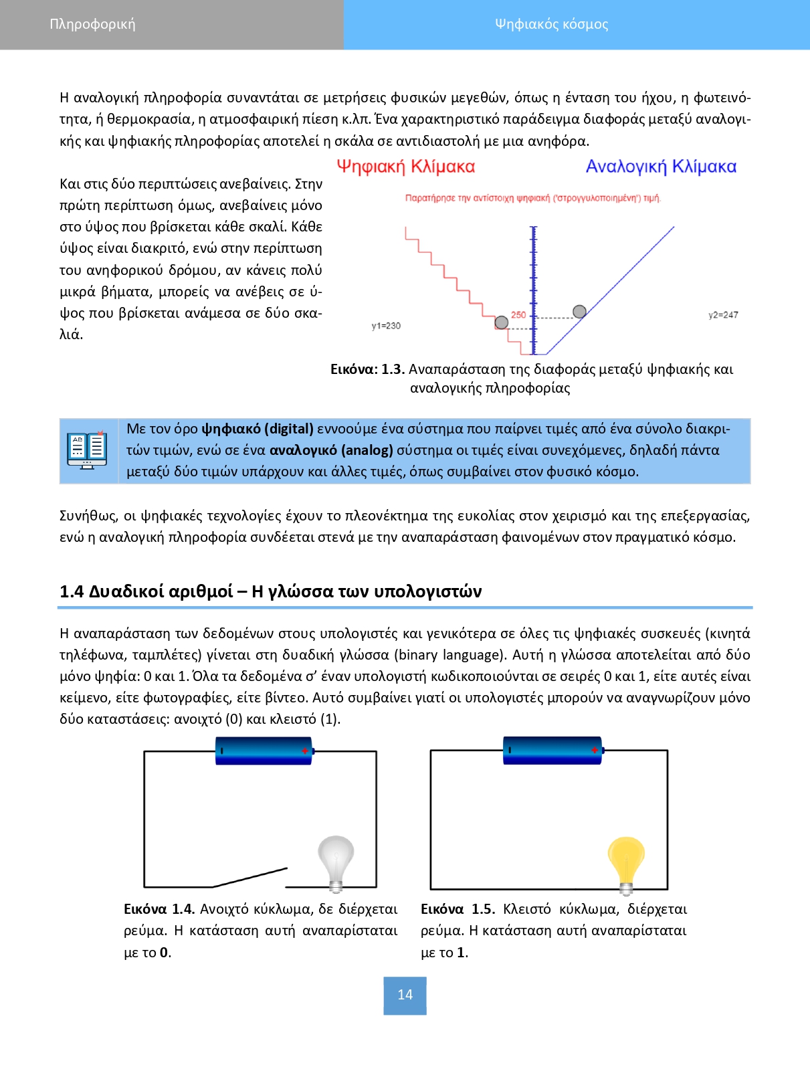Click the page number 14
(405, 995)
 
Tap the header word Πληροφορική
(92, 24)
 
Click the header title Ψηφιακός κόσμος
(551, 24)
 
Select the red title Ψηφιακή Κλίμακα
(405, 167)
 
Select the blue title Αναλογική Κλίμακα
(661, 167)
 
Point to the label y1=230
(386, 326)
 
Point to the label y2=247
(723, 315)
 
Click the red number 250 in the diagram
(518, 314)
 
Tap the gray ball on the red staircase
(501, 322)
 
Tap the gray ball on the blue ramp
(579, 311)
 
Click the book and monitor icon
(87, 450)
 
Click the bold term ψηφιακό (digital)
(258, 429)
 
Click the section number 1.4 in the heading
(72, 591)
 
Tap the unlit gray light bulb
(336, 862)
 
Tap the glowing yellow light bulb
(625, 862)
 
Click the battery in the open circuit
(264, 751)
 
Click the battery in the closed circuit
(552, 750)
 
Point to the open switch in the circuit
(250, 877)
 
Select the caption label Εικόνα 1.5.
(458, 909)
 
